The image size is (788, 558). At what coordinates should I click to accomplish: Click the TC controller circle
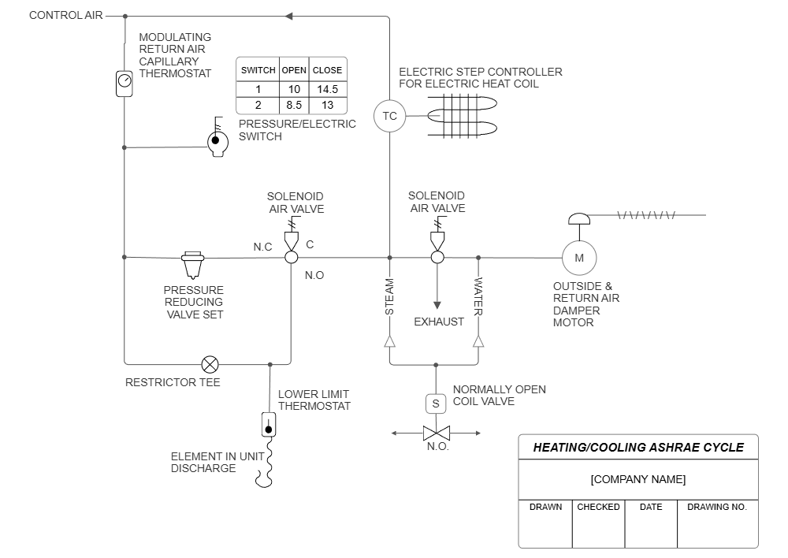389,117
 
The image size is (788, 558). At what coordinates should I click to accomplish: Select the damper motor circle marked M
579,258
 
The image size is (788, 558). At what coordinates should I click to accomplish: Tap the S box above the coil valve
436,404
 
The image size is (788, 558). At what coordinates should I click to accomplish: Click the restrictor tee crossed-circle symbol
210,364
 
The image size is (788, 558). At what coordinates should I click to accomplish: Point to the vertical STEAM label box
389,296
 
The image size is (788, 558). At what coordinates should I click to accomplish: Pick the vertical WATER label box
478,296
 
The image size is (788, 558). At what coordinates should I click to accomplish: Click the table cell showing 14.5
327,89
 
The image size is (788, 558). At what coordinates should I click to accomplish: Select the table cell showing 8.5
294,106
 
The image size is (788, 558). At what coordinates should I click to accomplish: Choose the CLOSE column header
327,70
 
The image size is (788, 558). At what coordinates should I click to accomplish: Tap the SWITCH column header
258,70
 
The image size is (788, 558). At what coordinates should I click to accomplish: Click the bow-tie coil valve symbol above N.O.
436,433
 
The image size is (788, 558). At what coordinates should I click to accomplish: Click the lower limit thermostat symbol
269,424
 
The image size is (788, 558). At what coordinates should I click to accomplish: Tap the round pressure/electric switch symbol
217,143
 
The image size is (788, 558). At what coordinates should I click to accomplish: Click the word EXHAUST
439,322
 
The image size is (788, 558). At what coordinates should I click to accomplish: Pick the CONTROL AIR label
66,15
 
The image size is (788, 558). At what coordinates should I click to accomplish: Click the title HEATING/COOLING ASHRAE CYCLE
638,447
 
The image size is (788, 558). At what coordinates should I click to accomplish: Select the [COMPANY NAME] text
638,479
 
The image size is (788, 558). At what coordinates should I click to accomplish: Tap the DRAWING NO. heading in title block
717,507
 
